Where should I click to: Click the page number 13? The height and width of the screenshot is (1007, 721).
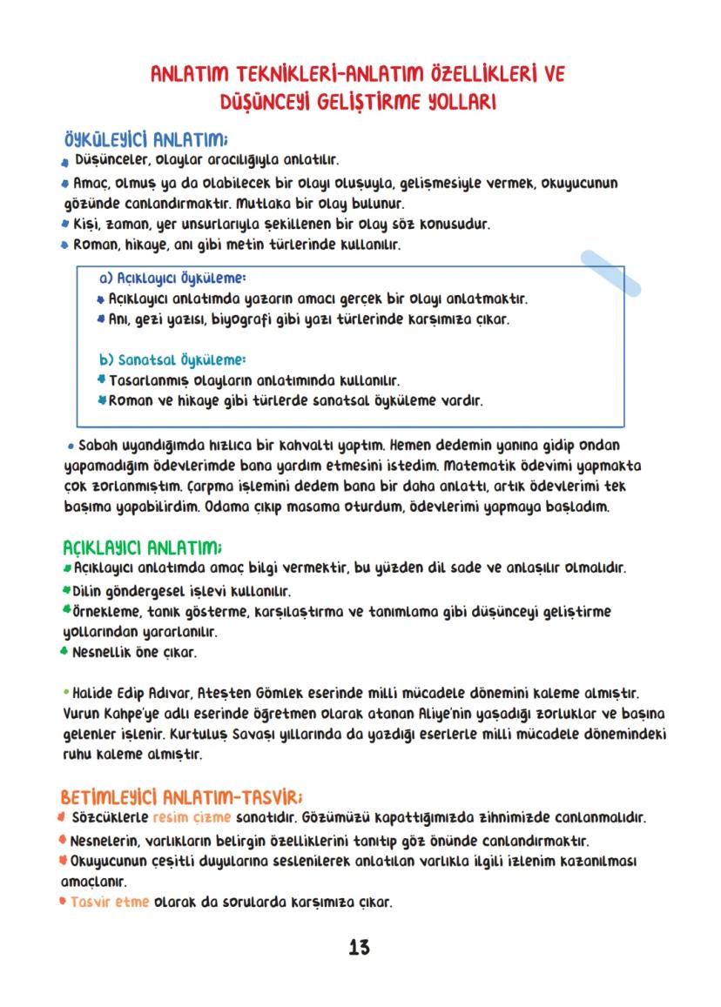coord(359,948)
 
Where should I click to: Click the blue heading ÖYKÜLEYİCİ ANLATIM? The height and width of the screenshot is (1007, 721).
coord(146,140)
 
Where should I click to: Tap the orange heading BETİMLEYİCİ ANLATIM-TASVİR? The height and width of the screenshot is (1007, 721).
coord(181,797)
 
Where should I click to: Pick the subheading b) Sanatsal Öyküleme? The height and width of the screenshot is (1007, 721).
coord(172,359)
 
